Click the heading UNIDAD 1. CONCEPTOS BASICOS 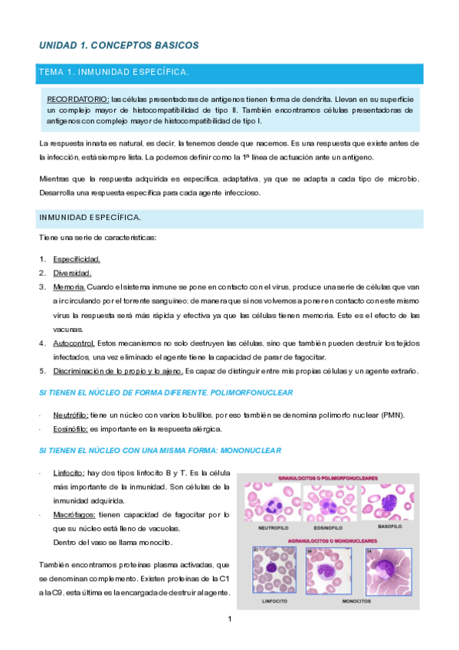click(x=119, y=45)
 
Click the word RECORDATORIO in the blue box click(x=77, y=100)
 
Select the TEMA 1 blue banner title click(x=113, y=72)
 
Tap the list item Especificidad click(x=77, y=259)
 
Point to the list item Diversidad click(x=72, y=273)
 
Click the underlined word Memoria click(x=69, y=287)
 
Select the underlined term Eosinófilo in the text click(x=70, y=428)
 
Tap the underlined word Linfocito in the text click(x=68, y=474)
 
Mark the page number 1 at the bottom click(x=229, y=619)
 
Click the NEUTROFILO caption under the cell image click(x=270, y=528)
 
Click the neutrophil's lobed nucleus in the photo click(x=270, y=505)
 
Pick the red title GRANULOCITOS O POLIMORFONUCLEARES click(x=327, y=477)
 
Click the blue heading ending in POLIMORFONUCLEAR click(x=166, y=392)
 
